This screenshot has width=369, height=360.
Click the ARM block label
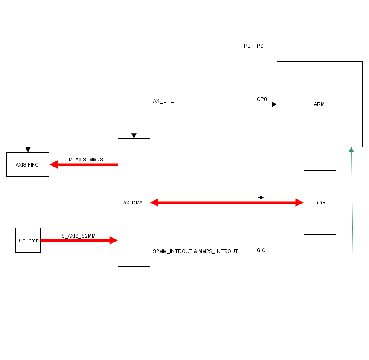point(319,104)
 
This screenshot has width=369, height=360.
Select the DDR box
point(320,202)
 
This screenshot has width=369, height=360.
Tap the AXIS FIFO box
point(28,164)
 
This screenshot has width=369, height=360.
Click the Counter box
point(28,240)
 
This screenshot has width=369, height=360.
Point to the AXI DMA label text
point(133,203)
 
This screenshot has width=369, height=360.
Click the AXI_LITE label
point(163,101)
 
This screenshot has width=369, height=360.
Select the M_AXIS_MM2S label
point(86,160)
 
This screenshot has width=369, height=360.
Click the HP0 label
point(262,198)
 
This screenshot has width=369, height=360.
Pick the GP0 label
point(261,99)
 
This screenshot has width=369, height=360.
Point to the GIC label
point(261,251)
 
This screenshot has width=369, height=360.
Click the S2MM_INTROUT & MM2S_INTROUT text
point(195,251)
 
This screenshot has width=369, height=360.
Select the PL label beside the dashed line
point(247,46)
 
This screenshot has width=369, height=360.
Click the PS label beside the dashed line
point(260,46)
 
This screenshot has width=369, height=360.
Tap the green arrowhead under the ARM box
point(351,150)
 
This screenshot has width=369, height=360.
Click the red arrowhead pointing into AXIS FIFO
point(54,164)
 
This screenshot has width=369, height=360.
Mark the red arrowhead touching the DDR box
point(299,203)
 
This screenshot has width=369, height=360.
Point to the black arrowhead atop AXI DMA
point(134,136)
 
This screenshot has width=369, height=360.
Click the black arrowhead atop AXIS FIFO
point(28,150)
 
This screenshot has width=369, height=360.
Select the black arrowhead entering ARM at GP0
point(274,104)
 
